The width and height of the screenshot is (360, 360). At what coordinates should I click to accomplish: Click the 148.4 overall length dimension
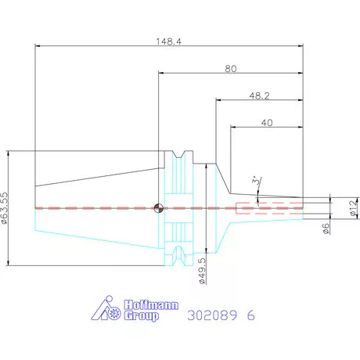[x=168, y=41]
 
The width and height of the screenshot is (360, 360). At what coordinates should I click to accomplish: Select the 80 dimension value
[x=231, y=69]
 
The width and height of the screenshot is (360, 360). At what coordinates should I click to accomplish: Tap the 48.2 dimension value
[x=259, y=96]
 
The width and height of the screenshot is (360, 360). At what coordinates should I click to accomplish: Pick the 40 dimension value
[x=267, y=123]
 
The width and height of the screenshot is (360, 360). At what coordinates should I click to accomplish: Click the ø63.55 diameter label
[x=5, y=208]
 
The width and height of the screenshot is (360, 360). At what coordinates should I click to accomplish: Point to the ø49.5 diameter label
[x=202, y=271]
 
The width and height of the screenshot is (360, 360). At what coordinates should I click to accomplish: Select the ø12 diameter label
[x=354, y=208]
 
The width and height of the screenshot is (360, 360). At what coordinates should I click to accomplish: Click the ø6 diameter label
[x=326, y=229]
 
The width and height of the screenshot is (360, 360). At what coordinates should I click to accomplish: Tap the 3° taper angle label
[x=257, y=181]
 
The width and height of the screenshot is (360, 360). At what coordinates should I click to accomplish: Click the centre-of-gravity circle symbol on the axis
[x=158, y=208]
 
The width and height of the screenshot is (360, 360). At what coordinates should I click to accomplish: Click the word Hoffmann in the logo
[x=151, y=305]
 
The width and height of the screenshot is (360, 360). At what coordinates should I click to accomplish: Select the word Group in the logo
[x=142, y=316]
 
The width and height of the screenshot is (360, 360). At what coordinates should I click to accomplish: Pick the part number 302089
[x=212, y=315]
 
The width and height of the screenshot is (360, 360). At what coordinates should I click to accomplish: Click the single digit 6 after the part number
[x=250, y=315]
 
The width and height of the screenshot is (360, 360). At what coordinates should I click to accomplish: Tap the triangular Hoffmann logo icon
[x=106, y=308]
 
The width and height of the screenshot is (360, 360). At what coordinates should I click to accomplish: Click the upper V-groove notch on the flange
[x=178, y=154]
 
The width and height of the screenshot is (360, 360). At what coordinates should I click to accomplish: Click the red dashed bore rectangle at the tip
[x=270, y=208]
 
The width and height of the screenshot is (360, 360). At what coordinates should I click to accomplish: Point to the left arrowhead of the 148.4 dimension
[x=38, y=46]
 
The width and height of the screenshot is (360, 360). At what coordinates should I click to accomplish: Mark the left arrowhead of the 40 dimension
[x=233, y=128]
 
